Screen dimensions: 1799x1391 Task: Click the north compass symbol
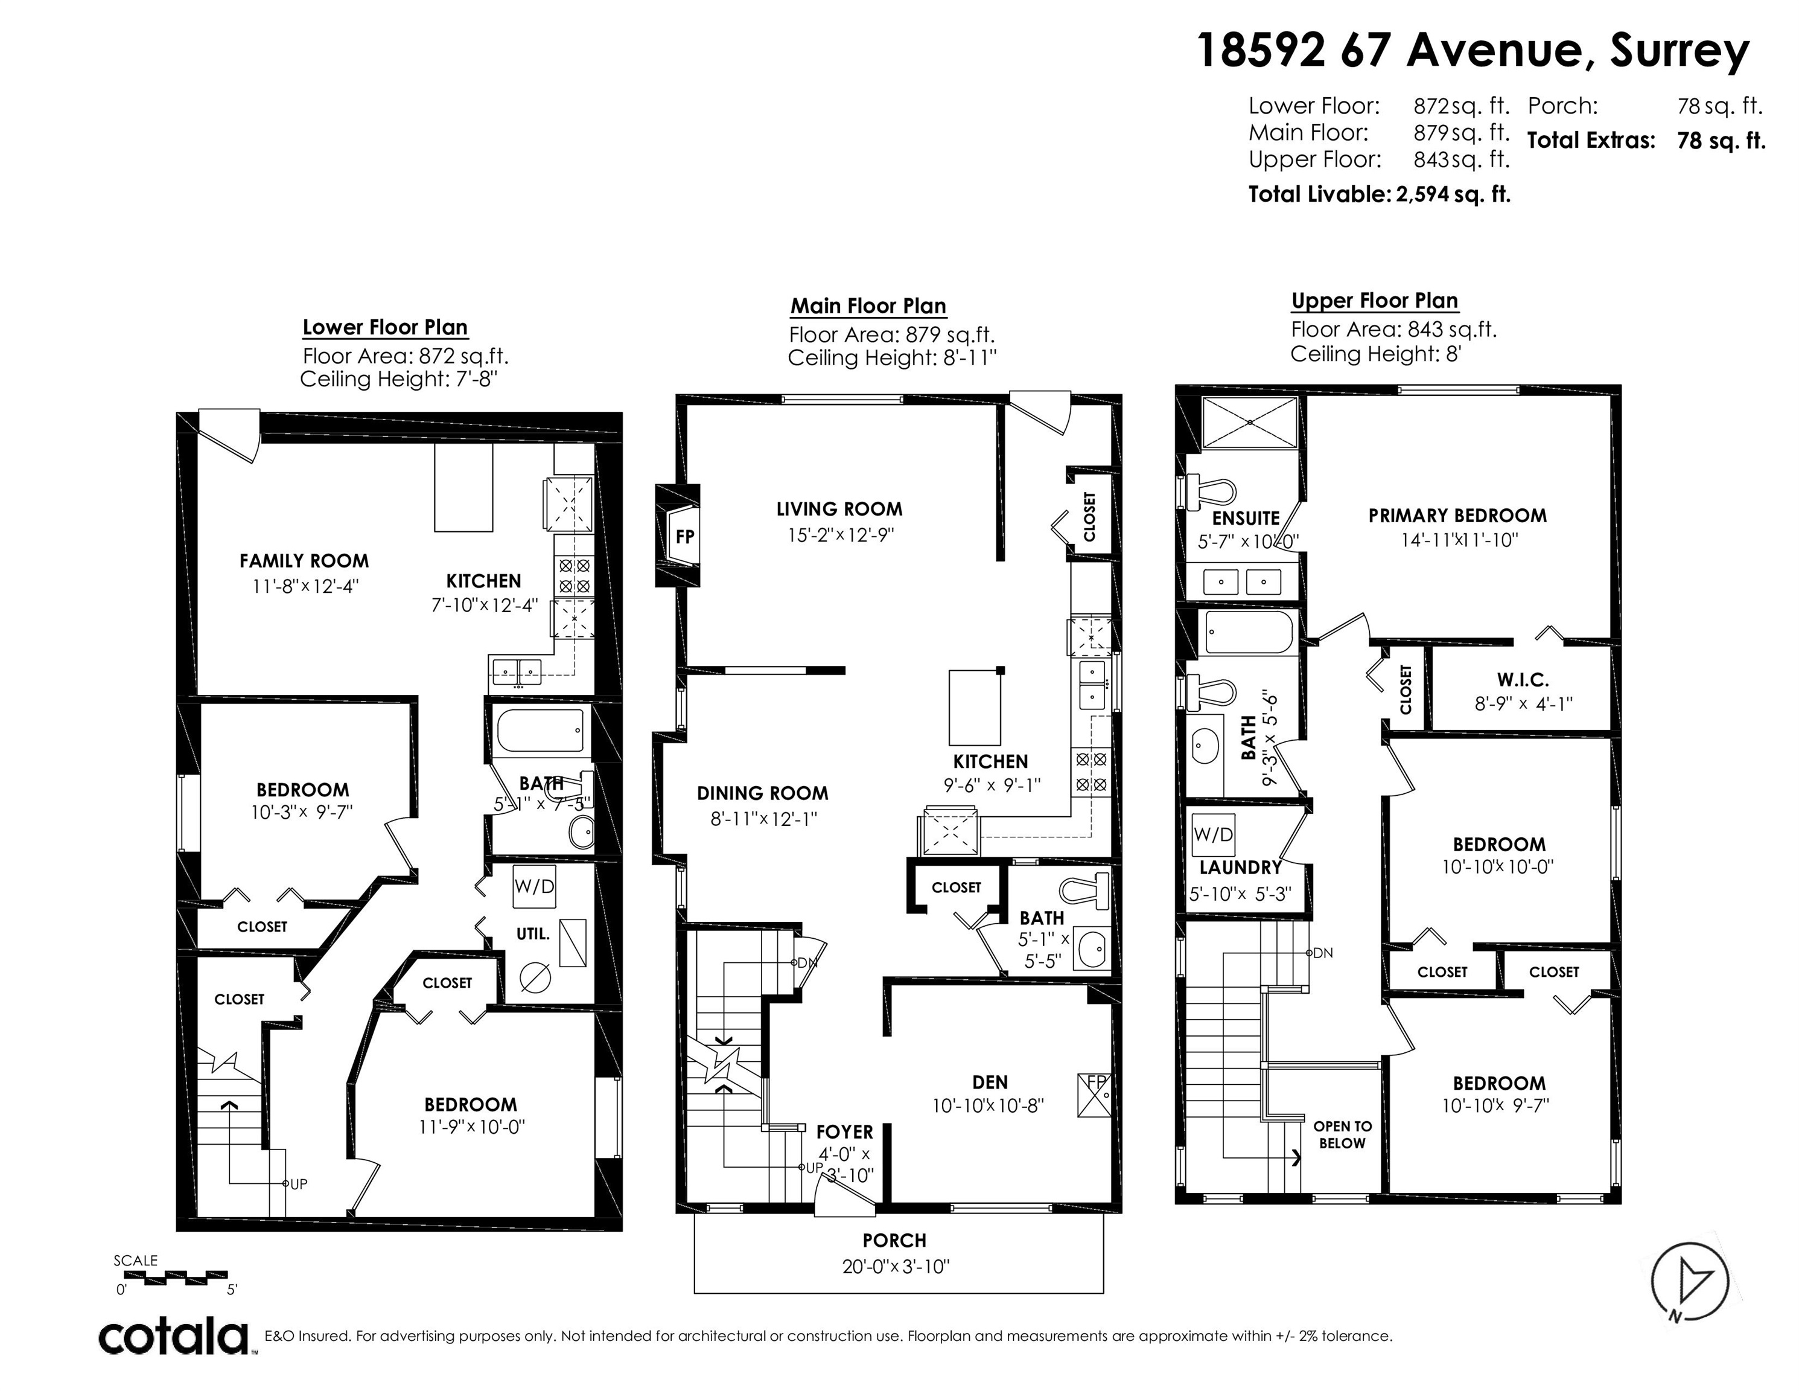1691,1283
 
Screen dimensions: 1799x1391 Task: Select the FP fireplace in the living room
677,536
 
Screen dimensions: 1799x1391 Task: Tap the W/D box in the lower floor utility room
533,886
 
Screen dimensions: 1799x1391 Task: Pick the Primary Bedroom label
1457,516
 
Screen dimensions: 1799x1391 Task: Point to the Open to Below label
1343,1135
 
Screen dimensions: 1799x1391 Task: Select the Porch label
894,1240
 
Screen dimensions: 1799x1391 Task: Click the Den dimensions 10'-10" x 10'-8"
989,1105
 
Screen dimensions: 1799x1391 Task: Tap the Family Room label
304,561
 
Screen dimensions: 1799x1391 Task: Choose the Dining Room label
763,793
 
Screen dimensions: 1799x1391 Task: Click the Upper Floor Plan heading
1375,301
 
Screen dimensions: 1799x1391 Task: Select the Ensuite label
1246,519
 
